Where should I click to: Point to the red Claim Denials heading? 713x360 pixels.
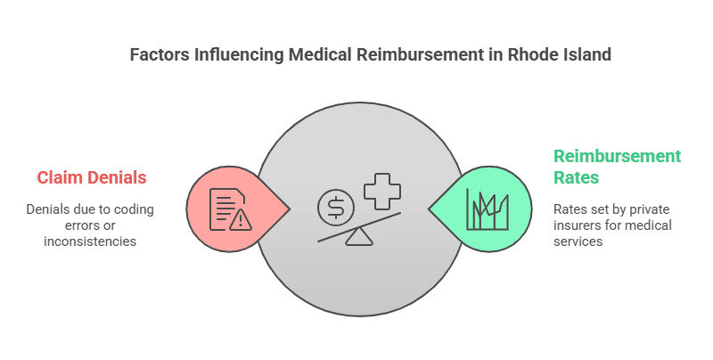pyautogui.click(x=92, y=177)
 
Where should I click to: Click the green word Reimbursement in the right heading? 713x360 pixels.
pyautogui.click(x=617, y=156)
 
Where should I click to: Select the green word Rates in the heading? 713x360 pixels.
pyautogui.click(x=577, y=177)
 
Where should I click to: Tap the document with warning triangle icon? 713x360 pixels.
pyautogui.click(x=226, y=209)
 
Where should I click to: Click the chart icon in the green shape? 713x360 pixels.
pyautogui.click(x=486, y=209)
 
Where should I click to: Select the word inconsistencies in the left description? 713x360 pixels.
pyautogui.click(x=90, y=241)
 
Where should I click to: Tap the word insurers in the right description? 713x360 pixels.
pyautogui.click(x=579, y=225)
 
